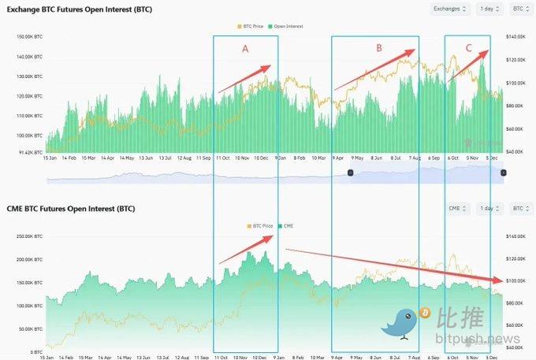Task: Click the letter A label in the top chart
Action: coord(245,48)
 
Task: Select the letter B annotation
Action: coord(379,48)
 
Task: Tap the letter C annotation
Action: coord(469,48)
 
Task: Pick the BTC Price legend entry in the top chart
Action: coord(251,26)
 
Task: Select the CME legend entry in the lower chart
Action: coord(285,225)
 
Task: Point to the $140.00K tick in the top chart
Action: coord(516,37)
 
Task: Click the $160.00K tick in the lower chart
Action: coord(516,236)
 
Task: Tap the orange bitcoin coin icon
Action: coord(425,314)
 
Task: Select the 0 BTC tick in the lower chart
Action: coord(36,352)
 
